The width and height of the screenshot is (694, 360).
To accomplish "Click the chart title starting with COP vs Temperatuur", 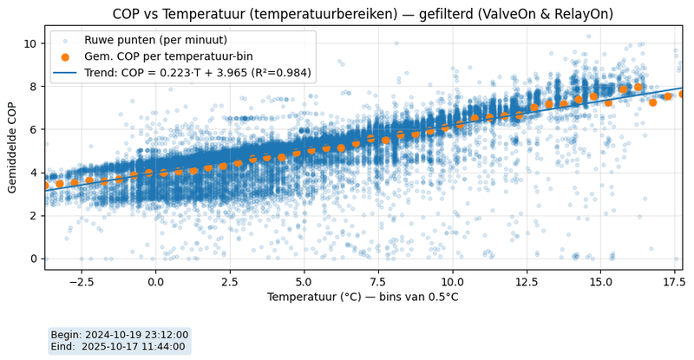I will coord(363,14).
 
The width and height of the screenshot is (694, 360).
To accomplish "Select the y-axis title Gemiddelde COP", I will coord(14,147).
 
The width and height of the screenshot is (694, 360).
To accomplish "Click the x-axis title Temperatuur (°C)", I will coord(363,298).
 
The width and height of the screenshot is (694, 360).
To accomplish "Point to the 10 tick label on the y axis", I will coord(29,43).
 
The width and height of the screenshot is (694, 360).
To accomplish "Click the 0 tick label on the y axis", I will coord(32,259).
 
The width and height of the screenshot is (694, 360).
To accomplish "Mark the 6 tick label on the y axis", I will coord(32,129).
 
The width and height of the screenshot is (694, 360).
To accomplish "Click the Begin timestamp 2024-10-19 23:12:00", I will coord(119,335).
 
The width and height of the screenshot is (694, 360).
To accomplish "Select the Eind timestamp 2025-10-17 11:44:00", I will coord(119,347).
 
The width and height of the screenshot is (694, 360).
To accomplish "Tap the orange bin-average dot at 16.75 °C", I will coord(653,102).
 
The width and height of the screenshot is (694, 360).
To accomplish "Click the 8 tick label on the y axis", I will coord(32,87).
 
